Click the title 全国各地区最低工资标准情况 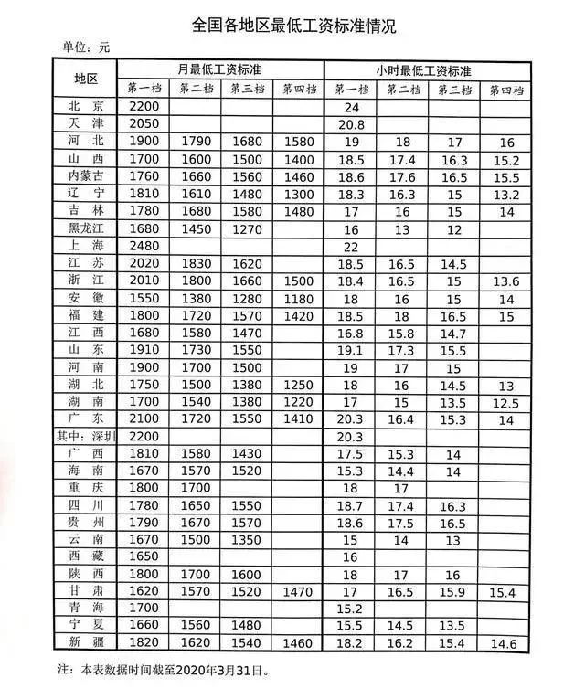coord(293,25)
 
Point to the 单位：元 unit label coord(85,47)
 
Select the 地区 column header coord(91,79)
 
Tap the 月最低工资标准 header coord(219,69)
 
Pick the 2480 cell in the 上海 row coord(144,247)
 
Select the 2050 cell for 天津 coord(144,124)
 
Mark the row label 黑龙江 coord(91,229)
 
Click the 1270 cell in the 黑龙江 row coord(248,229)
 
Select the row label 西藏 coord(91,556)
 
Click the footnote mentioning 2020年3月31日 coord(151,670)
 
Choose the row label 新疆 coord(91,643)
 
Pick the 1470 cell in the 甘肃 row coord(298,591)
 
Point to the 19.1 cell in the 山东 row coord(351,350)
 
